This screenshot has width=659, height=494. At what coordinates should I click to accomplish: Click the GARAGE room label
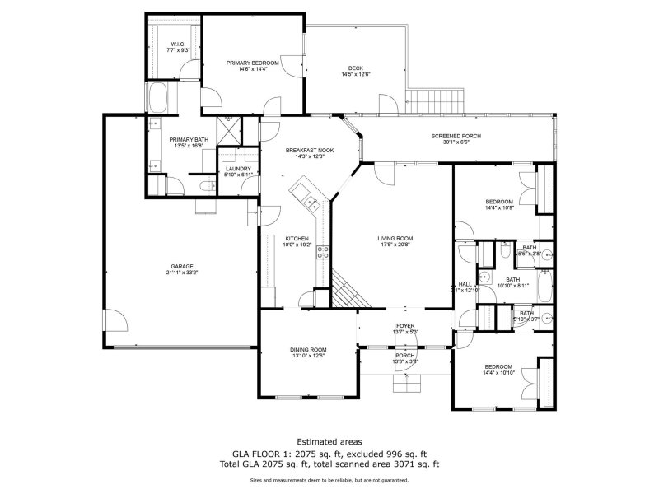click(181, 266)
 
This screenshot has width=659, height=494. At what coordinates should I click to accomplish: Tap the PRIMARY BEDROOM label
click(253, 63)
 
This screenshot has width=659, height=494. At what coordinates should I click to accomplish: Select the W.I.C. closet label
click(178, 44)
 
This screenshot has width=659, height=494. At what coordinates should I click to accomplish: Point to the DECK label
click(355, 68)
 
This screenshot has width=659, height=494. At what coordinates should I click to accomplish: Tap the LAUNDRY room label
click(238, 169)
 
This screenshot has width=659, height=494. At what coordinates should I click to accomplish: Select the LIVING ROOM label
click(395, 239)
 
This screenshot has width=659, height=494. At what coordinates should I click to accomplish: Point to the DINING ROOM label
click(307, 349)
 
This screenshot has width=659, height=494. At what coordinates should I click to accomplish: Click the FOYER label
click(405, 326)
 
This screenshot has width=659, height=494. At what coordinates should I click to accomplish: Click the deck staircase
click(436, 102)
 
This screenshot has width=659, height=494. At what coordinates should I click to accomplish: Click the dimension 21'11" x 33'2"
click(181, 273)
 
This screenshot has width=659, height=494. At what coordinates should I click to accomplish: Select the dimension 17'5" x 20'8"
click(395, 245)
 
